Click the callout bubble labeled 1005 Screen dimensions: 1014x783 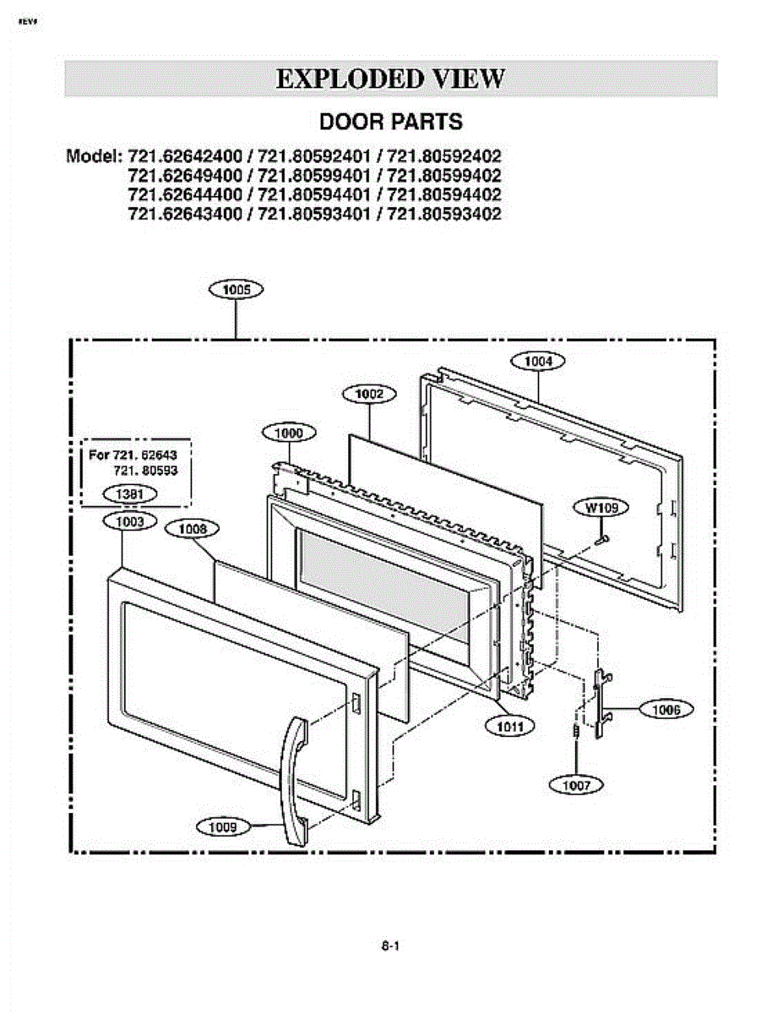click(236, 290)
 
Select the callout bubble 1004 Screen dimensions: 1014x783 click(538, 361)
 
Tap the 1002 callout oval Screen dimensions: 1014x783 click(369, 393)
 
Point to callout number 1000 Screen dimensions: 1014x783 click(289, 433)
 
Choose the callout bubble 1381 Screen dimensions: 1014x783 click(129, 493)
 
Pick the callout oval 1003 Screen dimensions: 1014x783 click(129, 521)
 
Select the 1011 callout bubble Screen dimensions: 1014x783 click(509, 725)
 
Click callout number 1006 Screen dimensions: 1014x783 click(666, 710)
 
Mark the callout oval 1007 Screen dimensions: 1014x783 click(576, 785)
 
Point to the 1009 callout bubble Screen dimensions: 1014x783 click(223, 826)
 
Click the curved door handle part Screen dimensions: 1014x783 click(293, 777)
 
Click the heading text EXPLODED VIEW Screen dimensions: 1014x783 click(390, 79)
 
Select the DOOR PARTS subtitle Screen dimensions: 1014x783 click(390, 122)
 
